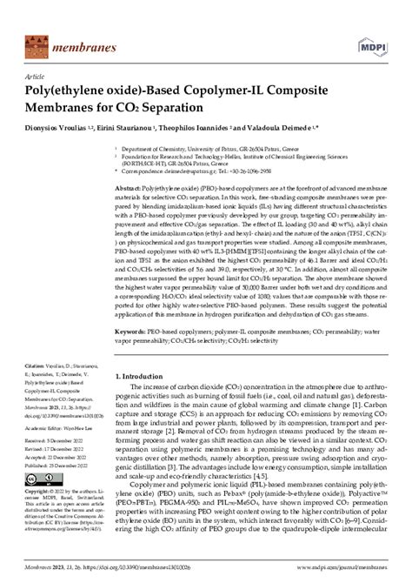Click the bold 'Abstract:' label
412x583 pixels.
point(130,187)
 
